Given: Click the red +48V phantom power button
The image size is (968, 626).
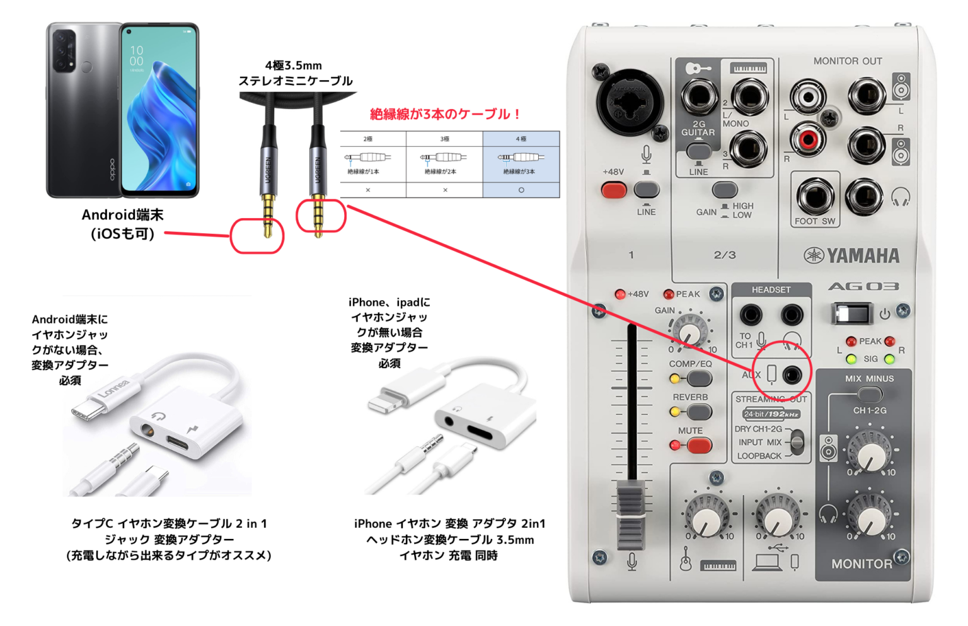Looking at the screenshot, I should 613,190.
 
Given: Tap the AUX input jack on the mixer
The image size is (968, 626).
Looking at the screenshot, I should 792,374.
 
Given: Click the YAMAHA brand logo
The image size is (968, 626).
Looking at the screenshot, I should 851,255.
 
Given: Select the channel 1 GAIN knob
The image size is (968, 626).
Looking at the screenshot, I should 690,332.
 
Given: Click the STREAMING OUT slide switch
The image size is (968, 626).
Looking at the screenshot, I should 797,442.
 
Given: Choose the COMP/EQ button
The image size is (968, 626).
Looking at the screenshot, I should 698,379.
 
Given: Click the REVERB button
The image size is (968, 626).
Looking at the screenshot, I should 698,412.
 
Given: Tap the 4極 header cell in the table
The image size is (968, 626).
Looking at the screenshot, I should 521,139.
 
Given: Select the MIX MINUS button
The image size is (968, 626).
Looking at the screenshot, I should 870,395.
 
